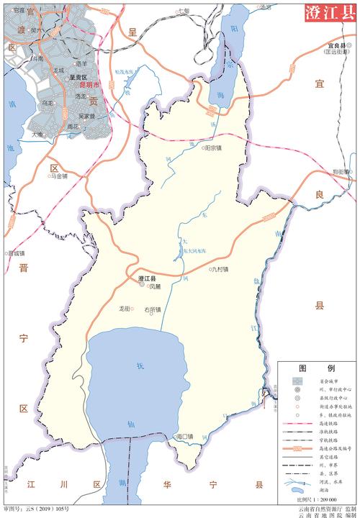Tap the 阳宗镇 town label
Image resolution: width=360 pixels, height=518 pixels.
tap(212, 147)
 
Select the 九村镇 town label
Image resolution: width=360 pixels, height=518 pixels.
tap(220, 270)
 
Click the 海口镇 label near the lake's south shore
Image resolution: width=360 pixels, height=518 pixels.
tap(186, 437)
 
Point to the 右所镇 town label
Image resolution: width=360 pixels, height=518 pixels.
tap(153, 309)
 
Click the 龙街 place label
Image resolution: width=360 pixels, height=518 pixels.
tap(124, 309)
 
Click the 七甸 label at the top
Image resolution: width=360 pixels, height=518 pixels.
tap(184, 11)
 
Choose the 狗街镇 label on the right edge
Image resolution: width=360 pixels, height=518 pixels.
tap(341, 171)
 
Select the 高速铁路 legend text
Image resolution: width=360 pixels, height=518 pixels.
tap(328, 423)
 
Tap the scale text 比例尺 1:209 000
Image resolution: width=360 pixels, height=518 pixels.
tap(318, 499)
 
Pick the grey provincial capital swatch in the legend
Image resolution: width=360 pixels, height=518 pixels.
tap(296, 379)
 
